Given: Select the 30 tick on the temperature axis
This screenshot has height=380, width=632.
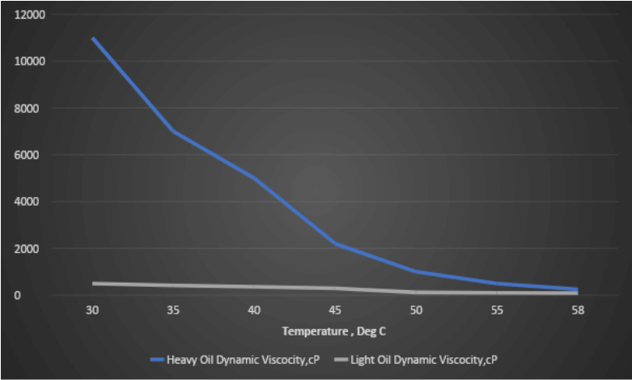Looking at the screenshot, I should click(x=93, y=311).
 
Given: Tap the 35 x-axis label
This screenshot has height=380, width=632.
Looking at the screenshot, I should click(x=174, y=311).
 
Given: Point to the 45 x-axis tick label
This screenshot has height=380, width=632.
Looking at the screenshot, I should click(x=335, y=311).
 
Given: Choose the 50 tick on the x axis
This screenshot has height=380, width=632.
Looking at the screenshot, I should click(x=416, y=311).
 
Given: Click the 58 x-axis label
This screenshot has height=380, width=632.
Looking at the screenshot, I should click(x=577, y=311).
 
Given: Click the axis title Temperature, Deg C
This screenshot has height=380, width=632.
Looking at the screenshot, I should click(x=335, y=331).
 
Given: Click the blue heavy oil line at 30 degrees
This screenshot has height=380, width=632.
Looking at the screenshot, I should click(x=94, y=39).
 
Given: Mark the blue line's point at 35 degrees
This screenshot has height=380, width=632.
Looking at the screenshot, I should click(x=174, y=131).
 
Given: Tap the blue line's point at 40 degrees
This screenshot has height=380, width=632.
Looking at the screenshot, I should click(x=255, y=178).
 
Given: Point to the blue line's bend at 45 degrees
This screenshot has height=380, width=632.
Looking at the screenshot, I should click(x=335, y=243).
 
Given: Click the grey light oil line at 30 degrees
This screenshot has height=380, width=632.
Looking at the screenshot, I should click(x=94, y=284).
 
